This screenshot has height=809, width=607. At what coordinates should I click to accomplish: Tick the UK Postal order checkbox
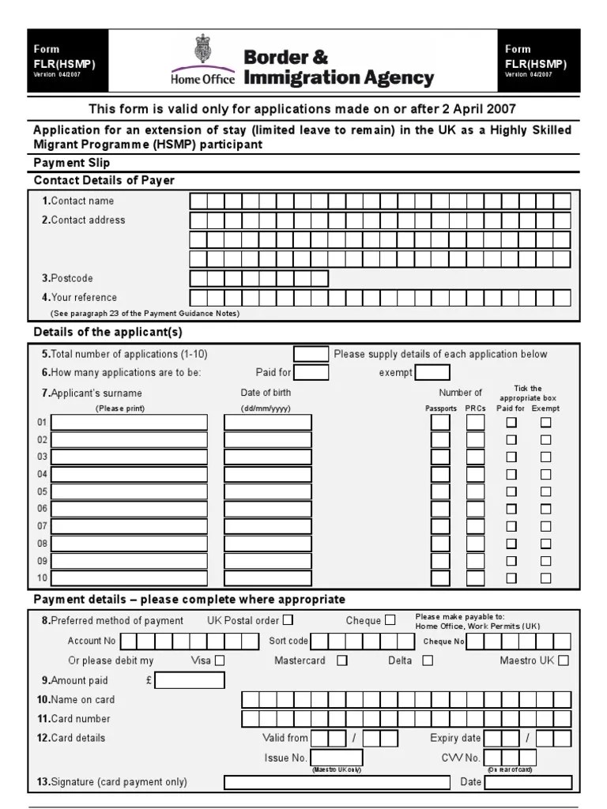click(x=288, y=620)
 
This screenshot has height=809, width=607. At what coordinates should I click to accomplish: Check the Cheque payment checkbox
click(x=390, y=620)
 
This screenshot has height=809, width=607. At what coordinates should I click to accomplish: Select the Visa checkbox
click(x=220, y=660)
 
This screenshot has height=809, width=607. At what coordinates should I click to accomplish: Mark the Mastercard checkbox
click(x=342, y=660)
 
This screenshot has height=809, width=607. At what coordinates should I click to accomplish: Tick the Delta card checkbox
click(x=428, y=660)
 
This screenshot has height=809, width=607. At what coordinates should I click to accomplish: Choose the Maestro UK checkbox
click(x=564, y=660)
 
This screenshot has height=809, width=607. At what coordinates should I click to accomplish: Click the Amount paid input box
click(x=190, y=680)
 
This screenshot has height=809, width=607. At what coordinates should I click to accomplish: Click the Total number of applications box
click(x=311, y=354)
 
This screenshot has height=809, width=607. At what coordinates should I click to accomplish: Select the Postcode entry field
click(x=258, y=278)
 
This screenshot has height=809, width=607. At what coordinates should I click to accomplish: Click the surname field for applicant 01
click(x=129, y=423)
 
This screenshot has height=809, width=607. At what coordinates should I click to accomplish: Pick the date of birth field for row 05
click(x=268, y=491)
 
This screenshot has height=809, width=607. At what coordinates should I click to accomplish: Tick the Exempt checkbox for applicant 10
click(x=545, y=578)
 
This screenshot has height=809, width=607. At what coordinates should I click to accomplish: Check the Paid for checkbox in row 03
click(x=511, y=457)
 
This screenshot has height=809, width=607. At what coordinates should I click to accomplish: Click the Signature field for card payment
click(x=337, y=782)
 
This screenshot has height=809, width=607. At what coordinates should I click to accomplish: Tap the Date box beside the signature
click(x=529, y=782)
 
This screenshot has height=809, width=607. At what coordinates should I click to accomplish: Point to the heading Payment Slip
click(x=72, y=164)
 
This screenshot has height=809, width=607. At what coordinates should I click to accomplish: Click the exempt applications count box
click(x=432, y=373)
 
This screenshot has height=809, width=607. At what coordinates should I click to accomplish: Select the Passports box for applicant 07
click(x=440, y=526)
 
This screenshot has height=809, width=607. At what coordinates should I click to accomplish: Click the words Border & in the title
click(x=285, y=57)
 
